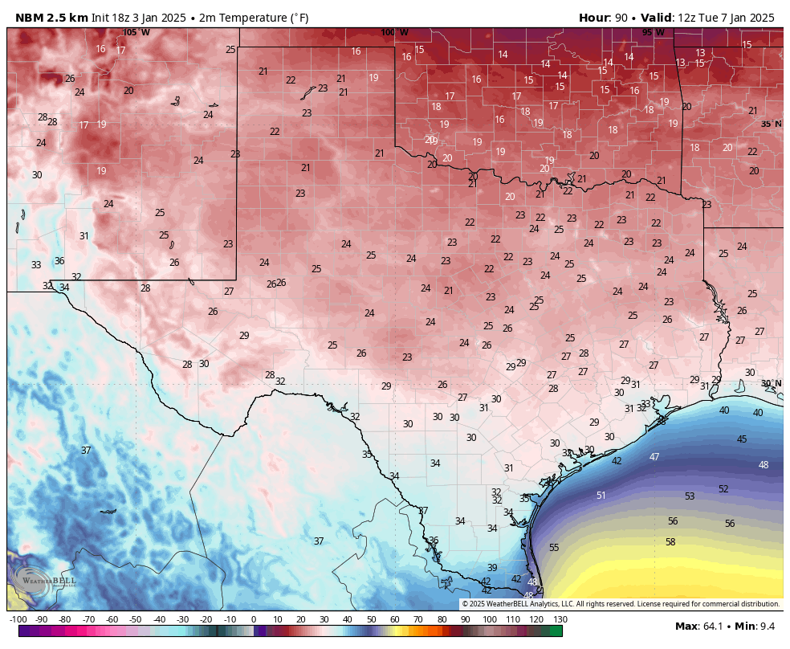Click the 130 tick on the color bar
(x=560, y=619)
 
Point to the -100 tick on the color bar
(x=18, y=619)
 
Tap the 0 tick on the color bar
(x=254, y=619)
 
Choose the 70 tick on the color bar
(x=419, y=619)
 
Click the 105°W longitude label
(x=136, y=32)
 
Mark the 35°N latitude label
(x=772, y=124)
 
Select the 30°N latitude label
(x=772, y=383)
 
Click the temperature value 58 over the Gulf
(x=670, y=542)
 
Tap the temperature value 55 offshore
(x=554, y=547)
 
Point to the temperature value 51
(x=601, y=496)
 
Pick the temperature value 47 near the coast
(x=654, y=456)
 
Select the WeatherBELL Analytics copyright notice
(x=621, y=604)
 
